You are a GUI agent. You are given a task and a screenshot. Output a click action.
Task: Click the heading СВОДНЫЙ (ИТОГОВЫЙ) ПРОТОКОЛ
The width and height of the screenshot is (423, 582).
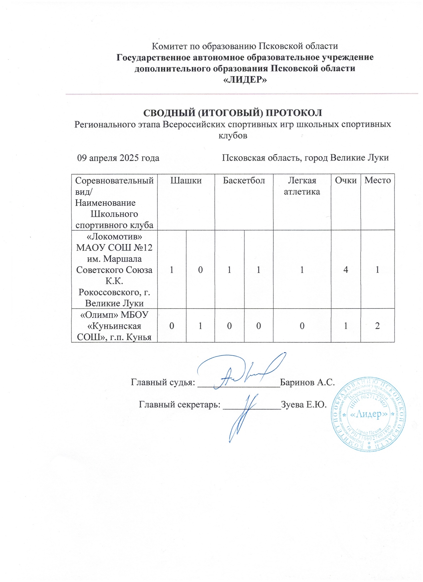(232, 113)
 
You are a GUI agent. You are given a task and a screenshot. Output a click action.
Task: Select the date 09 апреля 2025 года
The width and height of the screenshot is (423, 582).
(118, 158)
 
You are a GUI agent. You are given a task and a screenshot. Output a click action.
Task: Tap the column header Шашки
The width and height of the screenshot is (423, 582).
(186, 180)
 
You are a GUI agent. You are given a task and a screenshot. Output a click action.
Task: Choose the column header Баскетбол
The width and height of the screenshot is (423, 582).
(244, 180)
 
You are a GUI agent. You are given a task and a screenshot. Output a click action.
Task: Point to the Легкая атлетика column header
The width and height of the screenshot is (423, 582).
(302, 186)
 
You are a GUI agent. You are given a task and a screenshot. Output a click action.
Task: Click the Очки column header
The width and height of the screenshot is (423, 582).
(345, 180)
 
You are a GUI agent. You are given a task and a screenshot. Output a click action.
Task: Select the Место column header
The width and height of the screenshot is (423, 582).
(377, 180)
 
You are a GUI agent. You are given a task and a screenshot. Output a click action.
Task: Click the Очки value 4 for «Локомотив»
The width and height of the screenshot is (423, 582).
(345, 269)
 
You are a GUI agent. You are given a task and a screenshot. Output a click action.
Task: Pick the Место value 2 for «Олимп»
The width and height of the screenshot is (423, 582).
(377, 326)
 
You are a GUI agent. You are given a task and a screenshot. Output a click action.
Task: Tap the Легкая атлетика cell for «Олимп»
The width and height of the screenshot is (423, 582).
(302, 326)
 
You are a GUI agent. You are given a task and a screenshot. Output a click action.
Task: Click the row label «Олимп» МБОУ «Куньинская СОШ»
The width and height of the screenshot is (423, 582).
(114, 326)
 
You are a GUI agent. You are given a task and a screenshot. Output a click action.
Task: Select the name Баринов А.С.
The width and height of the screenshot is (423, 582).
(307, 382)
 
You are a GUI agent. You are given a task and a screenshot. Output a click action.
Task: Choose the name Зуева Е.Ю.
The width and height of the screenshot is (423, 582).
(304, 404)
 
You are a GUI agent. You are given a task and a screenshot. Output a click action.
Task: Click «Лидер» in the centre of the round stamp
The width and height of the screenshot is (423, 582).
(368, 414)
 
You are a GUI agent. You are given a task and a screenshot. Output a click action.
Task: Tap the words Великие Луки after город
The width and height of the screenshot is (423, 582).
(359, 158)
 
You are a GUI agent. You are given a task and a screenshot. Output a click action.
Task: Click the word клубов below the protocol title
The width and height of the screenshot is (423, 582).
(232, 135)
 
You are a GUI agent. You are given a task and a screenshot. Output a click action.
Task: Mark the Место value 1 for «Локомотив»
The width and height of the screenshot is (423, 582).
(377, 269)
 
